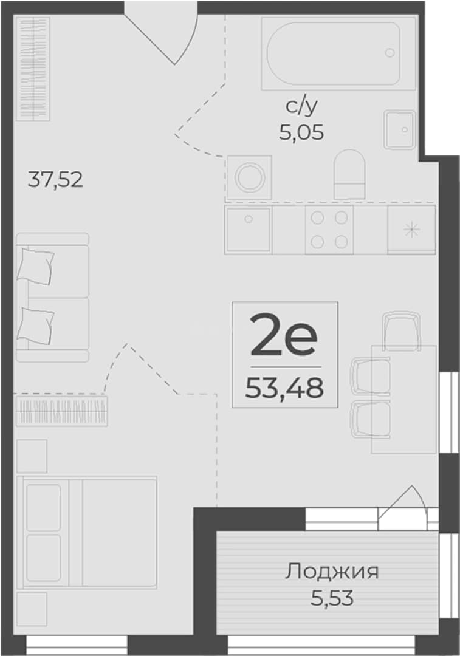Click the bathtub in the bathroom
tap(338, 53)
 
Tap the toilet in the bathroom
tap(349, 174)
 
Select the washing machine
tap(250, 177)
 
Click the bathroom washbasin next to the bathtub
tap(400, 130)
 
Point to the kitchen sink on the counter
tap(248, 230)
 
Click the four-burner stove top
tap(329, 230)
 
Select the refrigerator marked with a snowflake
tap(411, 230)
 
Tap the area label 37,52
tap(55, 180)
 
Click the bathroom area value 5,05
tap(301, 132)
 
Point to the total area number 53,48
tap(284, 388)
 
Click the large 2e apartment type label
tap(283, 335)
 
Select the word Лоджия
tap(332, 572)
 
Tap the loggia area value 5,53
tap(332, 598)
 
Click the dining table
tap(404, 399)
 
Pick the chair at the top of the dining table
tap(402, 330)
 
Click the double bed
tap(87, 532)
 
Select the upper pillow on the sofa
tap(35, 266)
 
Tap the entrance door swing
tap(161, 33)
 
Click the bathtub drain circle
tap(390, 53)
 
